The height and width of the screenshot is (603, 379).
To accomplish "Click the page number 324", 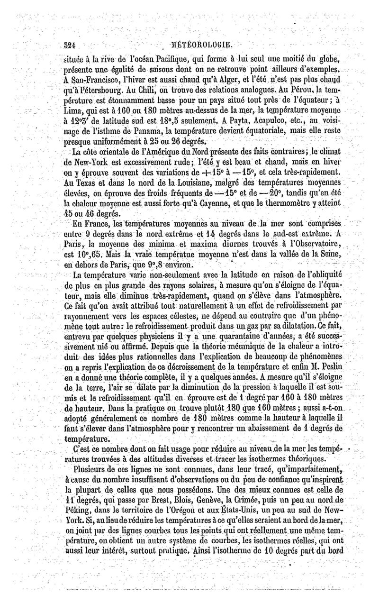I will pyautogui.click(x=71, y=46).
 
